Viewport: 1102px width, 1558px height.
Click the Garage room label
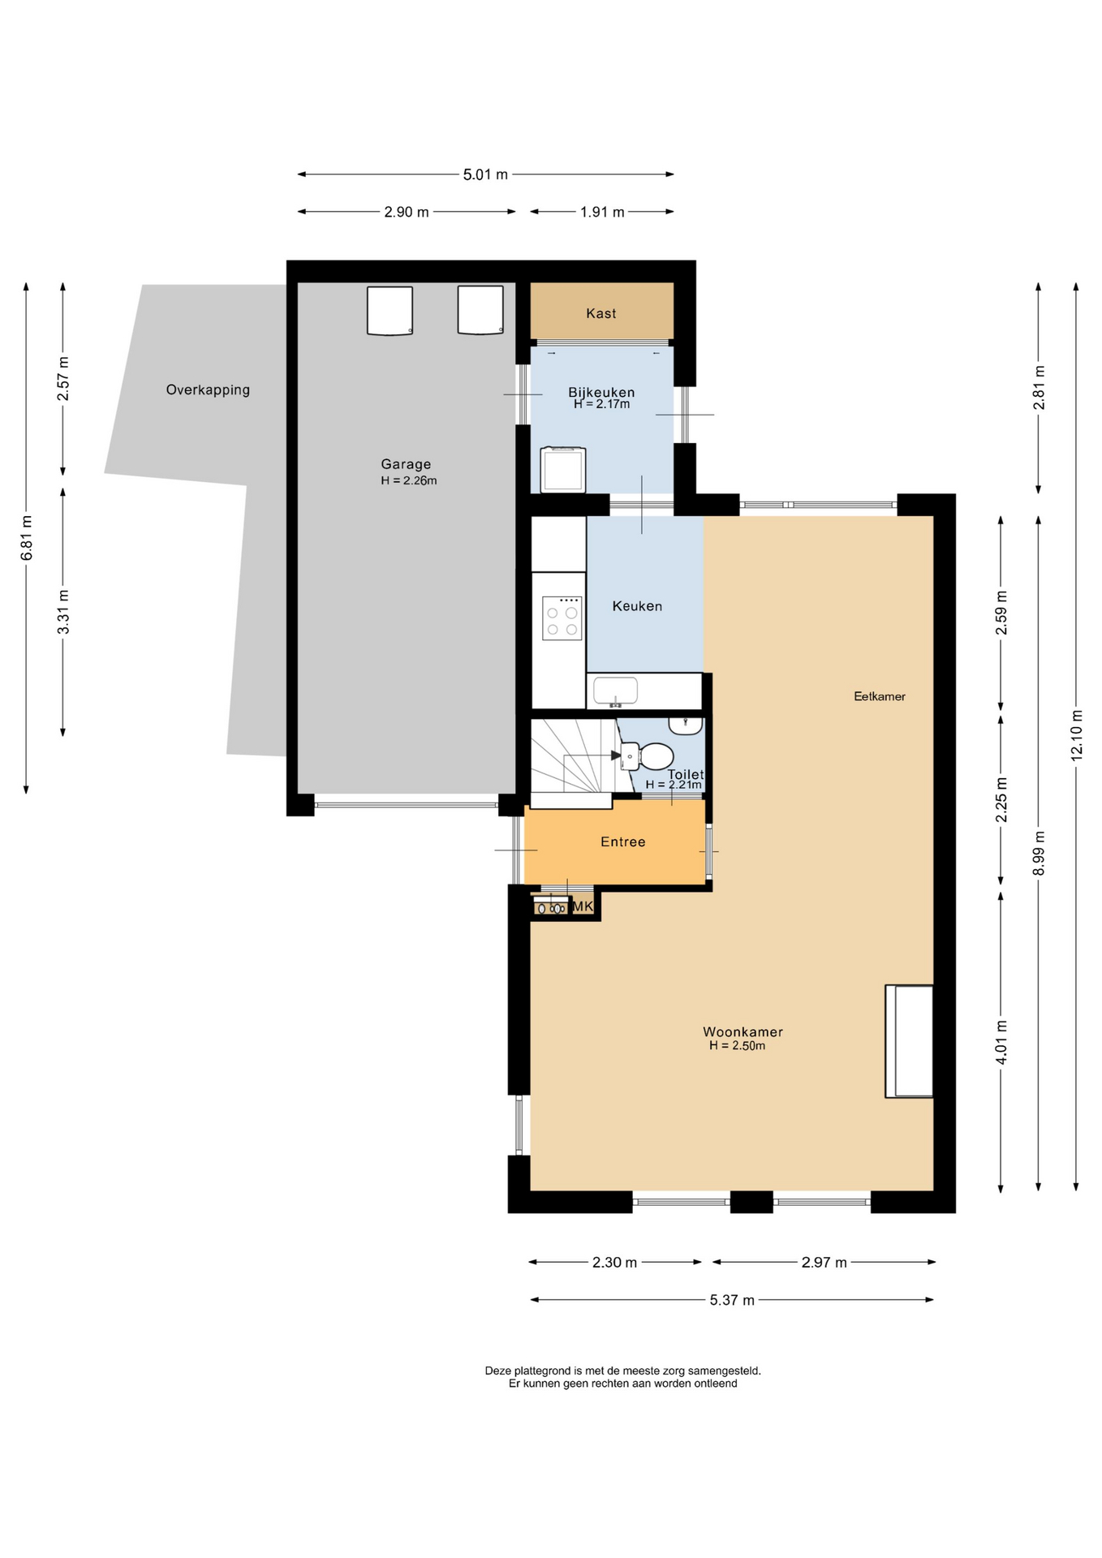pos(406,464)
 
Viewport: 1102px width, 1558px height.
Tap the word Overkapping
pos(208,389)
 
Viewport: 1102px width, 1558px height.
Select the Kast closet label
pos(601,313)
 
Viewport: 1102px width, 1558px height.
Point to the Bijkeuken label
pos(601,392)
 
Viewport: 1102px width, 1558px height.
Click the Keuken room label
pos(637,606)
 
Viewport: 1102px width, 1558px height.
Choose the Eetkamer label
pos(880,696)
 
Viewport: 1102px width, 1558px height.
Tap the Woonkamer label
pos(743,1032)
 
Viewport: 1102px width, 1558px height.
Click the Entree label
pos(623,842)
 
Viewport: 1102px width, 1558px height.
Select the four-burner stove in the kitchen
pos(562,618)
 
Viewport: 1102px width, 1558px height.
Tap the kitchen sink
pos(615,691)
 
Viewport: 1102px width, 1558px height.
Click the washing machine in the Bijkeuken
pos(563,469)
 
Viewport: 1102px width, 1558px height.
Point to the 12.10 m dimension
pos(1076,734)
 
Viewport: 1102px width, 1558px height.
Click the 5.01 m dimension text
pos(485,174)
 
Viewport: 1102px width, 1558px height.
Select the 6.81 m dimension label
pos(26,538)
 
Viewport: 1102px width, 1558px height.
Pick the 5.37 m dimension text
pos(732,1300)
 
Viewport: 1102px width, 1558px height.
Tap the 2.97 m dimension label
pos(824,1262)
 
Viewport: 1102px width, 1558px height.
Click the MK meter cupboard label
pos(583,906)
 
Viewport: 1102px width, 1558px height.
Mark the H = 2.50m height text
pos(737,1046)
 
